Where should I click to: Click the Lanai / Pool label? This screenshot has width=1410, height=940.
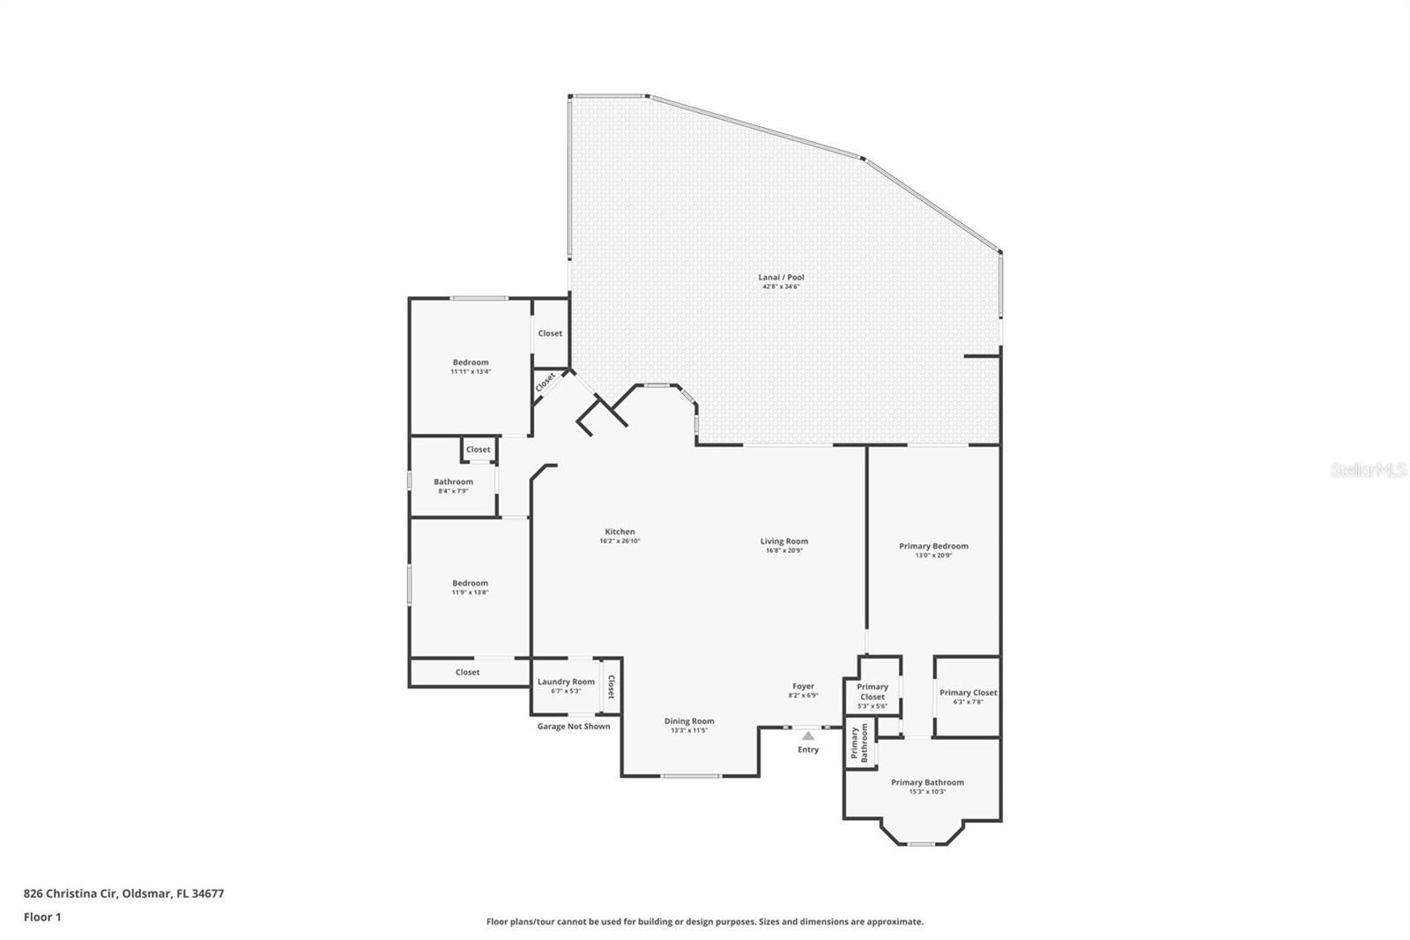781,277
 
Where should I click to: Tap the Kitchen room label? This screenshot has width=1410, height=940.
620,532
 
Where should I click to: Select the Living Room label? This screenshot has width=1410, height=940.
783,541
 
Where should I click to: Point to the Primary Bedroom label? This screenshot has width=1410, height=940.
933,546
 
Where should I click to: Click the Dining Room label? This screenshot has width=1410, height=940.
689,721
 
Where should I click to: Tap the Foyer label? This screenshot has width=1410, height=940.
803,686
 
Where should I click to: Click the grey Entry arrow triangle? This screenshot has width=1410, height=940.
808,735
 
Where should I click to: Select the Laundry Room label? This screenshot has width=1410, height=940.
566,682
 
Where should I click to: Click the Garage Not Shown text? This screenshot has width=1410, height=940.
574,727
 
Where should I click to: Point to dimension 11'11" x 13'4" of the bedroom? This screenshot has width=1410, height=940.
471,372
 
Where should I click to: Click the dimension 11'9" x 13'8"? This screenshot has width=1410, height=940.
470,593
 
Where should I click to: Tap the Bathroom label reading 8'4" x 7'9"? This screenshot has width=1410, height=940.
453,481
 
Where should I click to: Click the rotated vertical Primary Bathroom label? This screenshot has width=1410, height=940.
859,744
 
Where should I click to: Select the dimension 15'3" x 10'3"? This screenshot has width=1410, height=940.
927,792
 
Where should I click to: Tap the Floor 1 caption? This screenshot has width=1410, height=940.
42,917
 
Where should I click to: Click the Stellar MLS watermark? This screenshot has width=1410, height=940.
1368,470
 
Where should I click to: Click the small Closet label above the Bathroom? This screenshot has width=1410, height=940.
479,450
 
